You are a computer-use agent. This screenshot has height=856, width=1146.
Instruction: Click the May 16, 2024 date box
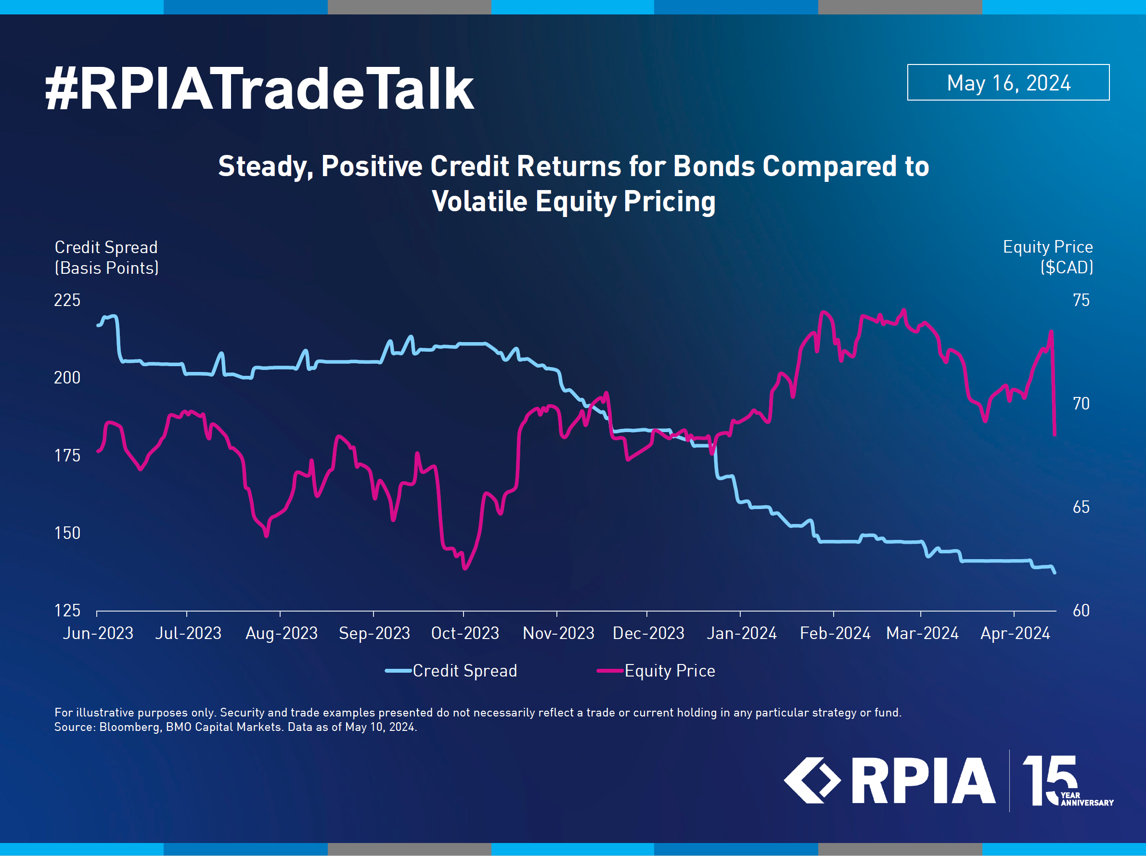tap(1008, 82)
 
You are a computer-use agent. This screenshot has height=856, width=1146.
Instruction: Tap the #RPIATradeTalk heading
tap(259, 89)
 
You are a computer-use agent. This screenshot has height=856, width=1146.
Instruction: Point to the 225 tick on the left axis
tap(67, 300)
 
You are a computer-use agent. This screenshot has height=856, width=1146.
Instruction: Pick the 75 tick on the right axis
tap(1081, 300)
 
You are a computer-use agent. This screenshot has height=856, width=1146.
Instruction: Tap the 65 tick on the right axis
tap(1081, 508)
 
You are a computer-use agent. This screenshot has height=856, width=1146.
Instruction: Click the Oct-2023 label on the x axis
tap(465, 633)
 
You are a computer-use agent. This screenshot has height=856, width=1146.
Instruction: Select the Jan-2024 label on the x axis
tap(742, 633)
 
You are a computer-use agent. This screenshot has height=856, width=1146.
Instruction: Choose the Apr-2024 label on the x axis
tap(1016, 633)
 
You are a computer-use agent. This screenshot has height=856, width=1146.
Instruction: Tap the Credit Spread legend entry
tap(451, 671)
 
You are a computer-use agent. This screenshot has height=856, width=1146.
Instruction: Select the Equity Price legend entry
tap(657, 671)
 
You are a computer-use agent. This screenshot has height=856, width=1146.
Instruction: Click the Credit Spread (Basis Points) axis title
tap(107, 258)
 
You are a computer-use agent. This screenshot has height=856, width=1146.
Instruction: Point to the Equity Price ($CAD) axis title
tap(1048, 257)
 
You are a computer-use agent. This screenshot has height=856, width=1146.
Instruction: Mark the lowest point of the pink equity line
tap(465, 569)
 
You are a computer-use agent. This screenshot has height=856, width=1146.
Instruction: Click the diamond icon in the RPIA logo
tap(812, 780)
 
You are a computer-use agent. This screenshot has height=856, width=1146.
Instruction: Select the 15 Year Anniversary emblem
tap(1067, 780)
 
